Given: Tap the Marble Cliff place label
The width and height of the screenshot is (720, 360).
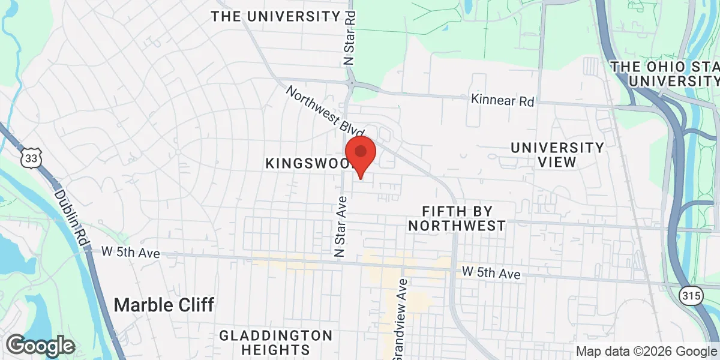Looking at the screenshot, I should click(x=164, y=305).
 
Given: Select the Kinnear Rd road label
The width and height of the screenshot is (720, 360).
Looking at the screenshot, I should click(x=502, y=100).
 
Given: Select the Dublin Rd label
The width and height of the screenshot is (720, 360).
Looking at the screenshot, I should click(x=71, y=217).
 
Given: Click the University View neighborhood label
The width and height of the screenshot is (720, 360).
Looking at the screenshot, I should click(x=557, y=154).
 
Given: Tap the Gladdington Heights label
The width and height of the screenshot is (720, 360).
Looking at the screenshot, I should click(x=276, y=342).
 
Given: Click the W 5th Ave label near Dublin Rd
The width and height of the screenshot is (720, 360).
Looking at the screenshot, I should click(x=130, y=253).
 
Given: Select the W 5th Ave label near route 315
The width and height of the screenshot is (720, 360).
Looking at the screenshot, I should click(x=491, y=273).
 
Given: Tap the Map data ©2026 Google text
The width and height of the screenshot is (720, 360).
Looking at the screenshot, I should click(x=646, y=351).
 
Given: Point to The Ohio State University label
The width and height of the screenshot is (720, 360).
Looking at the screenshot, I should click(x=665, y=73).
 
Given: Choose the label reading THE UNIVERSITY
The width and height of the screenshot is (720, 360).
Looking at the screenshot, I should click(x=275, y=16).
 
